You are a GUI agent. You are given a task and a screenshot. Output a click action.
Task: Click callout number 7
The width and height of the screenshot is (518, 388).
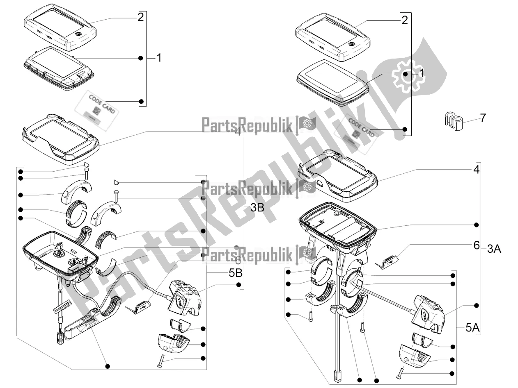click(x=483, y=118)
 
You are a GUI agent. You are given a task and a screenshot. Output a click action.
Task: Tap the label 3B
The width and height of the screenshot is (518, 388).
click(x=257, y=208)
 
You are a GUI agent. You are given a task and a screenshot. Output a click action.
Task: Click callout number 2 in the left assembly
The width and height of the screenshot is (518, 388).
click(x=140, y=18)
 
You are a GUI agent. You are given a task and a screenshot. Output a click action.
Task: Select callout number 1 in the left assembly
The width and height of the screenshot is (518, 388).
click(x=158, y=58)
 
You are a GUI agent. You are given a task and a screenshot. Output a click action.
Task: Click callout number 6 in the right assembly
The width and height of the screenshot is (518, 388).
click(x=476, y=245)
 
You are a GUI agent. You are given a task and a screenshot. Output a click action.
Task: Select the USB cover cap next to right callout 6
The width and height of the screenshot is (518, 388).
click(x=390, y=262)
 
